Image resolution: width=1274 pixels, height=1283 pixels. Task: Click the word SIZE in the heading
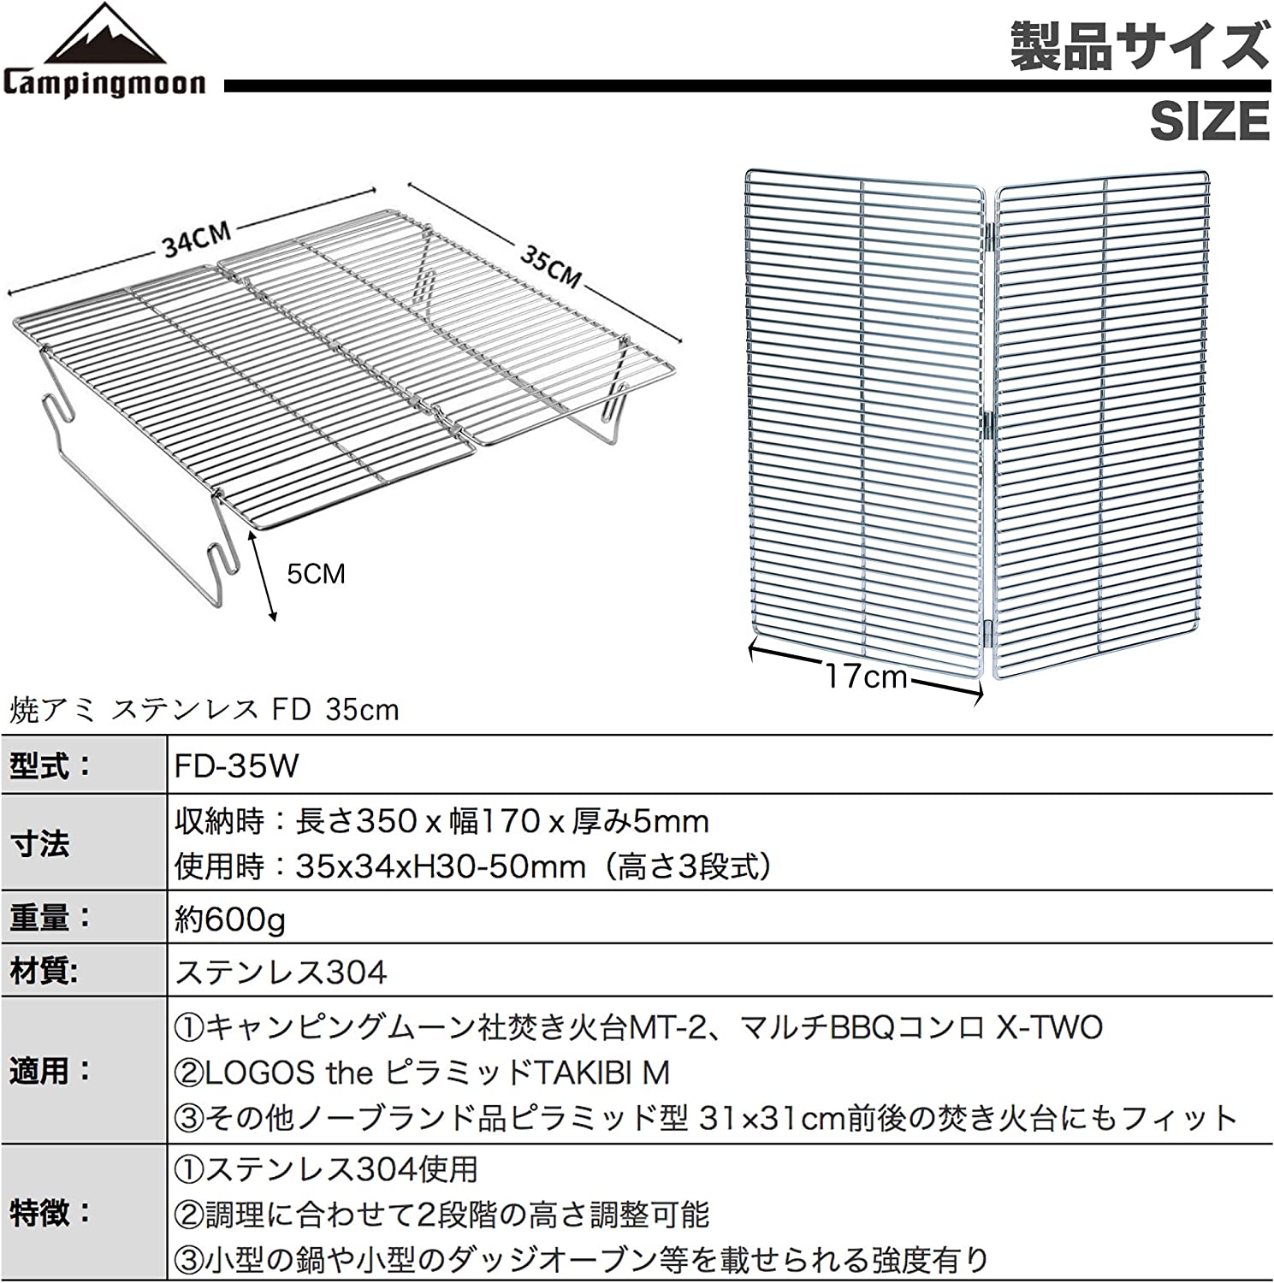[x=1209, y=121]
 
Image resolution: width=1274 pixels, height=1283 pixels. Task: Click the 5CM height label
[x=316, y=573]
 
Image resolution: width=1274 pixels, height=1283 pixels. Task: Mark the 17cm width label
[x=866, y=677]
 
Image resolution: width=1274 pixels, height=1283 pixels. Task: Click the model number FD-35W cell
[x=237, y=766]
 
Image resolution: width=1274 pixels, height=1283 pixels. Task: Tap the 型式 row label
[x=50, y=766]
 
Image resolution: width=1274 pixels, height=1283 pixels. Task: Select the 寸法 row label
[x=39, y=844]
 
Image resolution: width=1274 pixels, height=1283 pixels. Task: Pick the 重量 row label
[x=50, y=919]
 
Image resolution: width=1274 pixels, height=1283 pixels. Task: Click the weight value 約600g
[x=230, y=919]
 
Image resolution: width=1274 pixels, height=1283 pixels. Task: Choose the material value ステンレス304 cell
[x=281, y=972]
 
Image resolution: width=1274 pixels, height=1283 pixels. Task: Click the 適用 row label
[x=50, y=1071]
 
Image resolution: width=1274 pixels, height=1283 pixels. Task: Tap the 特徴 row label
[x=50, y=1213]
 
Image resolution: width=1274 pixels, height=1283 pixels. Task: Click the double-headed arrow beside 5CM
[x=261, y=575]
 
